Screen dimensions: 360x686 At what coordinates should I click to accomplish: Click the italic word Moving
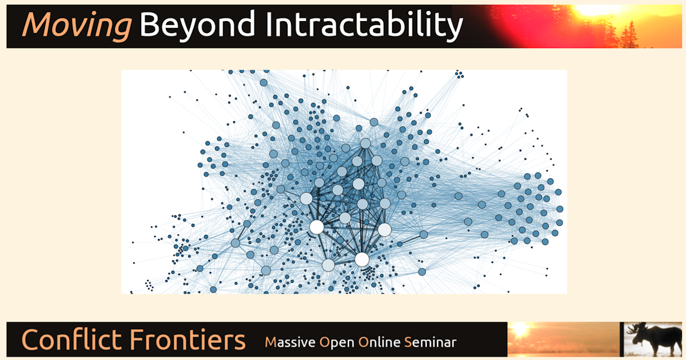(x=76, y=26)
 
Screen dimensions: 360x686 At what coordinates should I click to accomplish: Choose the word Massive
(x=290, y=342)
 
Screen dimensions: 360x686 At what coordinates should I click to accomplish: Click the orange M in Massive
(x=270, y=342)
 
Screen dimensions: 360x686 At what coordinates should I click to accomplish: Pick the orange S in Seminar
(x=407, y=342)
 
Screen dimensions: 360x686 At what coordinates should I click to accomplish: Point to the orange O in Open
(x=325, y=342)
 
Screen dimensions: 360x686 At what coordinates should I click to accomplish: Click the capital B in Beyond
(x=150, y=25)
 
